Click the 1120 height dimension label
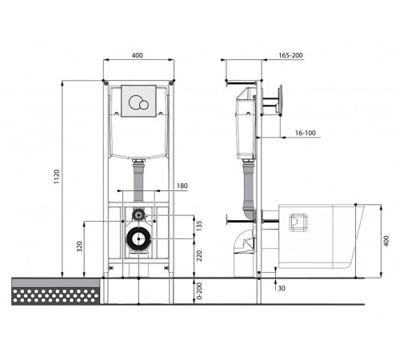(57, 177)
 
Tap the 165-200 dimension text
(290, 55)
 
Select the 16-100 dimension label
(306, 133)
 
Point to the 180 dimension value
(182, 186)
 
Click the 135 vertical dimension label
(199, 226)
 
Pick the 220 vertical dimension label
(199, 256)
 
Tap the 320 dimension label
(79, 246)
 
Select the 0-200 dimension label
(199, 291)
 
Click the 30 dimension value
(282, 288)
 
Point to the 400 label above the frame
(138, 55)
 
